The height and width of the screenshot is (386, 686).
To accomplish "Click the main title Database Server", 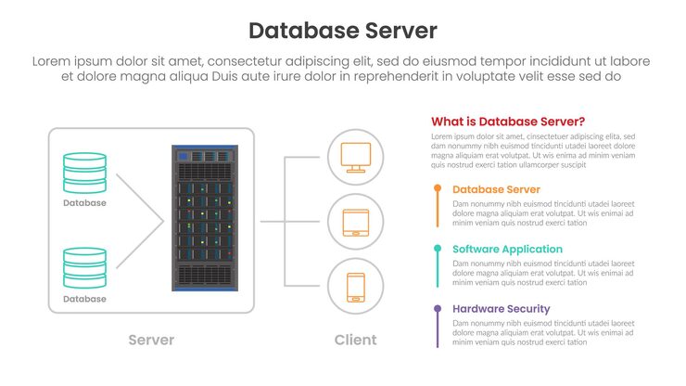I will [342, 31].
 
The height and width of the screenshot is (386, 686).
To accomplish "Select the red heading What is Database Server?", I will [507, 122].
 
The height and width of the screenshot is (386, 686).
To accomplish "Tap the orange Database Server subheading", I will [496, 189].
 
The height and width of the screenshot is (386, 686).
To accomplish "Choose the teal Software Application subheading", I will [507, 249].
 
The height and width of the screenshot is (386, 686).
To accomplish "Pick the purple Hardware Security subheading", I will [501, 309].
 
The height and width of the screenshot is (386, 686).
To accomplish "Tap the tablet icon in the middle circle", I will [356, 222].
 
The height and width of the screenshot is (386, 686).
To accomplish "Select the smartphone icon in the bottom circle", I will [356, 287].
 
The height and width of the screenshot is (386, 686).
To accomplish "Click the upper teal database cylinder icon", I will [84, 173].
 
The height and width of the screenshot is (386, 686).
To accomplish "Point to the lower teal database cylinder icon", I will [84, 268].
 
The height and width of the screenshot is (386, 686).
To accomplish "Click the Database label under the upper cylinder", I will [84, 202].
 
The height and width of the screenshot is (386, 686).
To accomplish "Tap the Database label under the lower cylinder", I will [84, 299].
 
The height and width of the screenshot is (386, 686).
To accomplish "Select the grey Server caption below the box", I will [151, 340].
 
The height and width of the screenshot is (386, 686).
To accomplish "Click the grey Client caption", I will [356, 340].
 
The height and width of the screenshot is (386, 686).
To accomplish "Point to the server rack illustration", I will [204, 218].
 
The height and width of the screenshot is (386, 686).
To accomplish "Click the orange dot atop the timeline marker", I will [437, 188].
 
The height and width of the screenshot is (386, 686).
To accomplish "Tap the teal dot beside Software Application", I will [437, 249].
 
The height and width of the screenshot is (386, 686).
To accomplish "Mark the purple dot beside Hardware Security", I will [437, 309].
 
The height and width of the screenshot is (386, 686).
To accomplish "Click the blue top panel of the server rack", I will [204, 155].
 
